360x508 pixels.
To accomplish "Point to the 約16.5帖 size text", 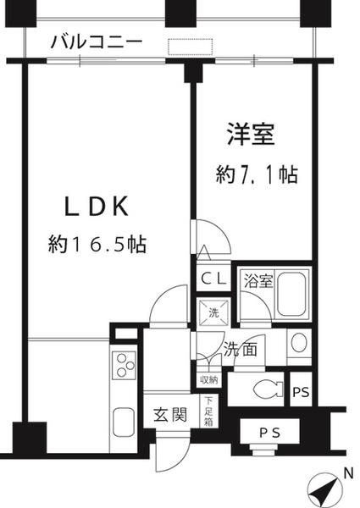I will pos(97,245).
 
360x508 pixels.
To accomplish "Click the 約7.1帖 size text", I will pos(256,175).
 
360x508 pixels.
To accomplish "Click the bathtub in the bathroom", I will pos(293,293).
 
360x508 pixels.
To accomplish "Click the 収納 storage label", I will pos(208,378).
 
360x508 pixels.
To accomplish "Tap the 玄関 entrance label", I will pos(169,417).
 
